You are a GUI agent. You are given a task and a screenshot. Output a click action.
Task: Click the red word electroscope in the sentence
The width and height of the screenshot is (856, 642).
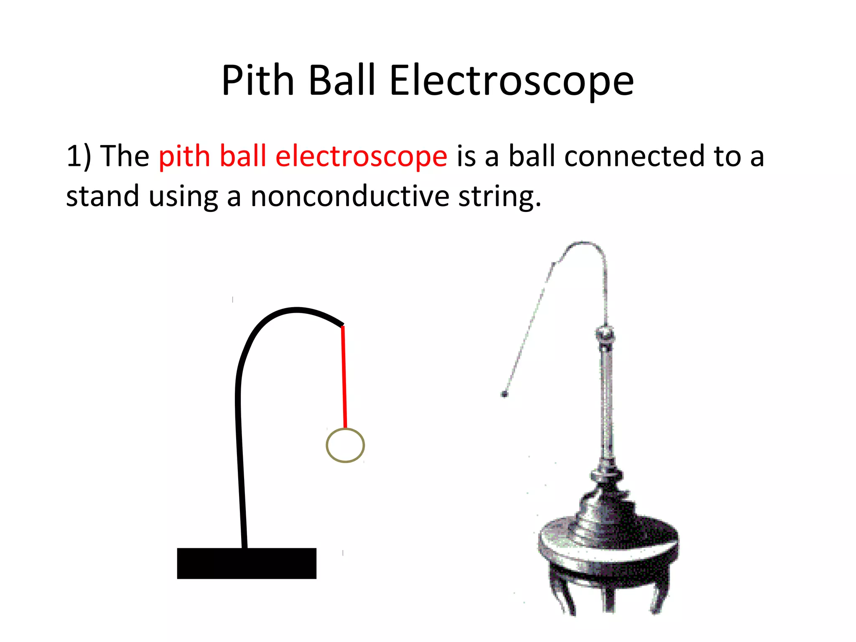361,156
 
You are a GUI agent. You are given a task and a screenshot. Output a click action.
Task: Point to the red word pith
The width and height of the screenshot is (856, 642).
184,156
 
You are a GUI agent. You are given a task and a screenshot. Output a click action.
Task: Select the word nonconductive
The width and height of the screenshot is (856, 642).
349,196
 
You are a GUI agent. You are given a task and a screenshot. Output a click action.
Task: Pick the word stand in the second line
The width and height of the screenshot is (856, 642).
102,196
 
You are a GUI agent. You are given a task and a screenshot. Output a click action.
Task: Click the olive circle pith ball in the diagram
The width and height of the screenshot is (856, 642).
345,446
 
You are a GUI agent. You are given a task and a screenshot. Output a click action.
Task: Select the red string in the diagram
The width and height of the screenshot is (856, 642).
344,376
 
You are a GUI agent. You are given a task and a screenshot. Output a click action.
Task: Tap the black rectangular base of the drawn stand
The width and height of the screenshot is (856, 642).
247,563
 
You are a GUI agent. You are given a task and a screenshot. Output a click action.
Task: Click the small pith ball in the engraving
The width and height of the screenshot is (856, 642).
504,394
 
